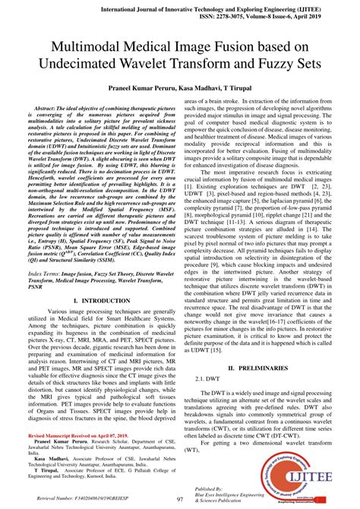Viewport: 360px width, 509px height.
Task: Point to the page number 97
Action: point(180,499)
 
